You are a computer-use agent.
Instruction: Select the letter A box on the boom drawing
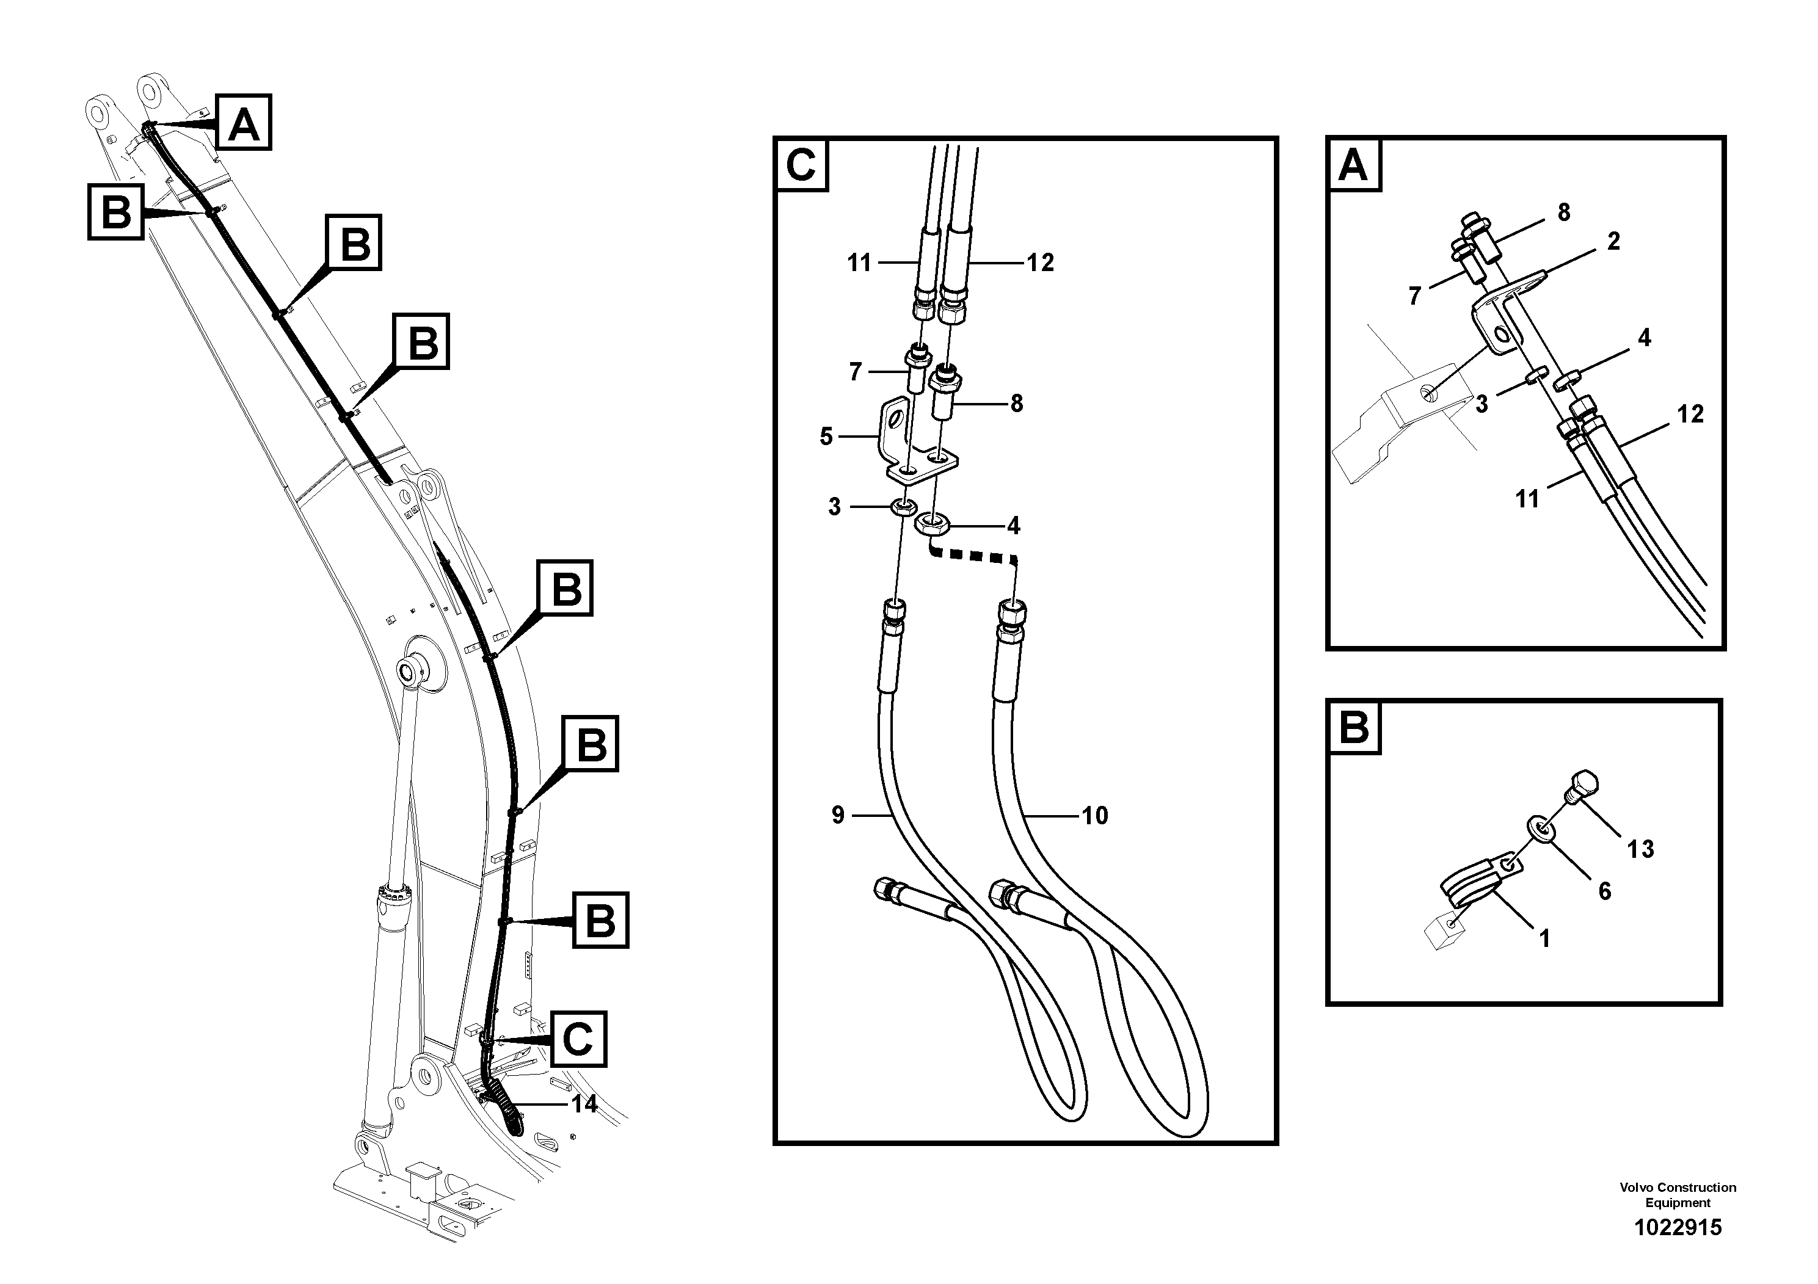[x=244, y=123]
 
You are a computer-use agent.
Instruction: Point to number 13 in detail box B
[x=1640, y=849]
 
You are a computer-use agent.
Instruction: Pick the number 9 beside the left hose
[x=838, y=814]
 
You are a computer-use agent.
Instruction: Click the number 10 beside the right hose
[x=1094, y=815]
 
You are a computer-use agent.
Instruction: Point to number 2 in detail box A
[x=1613, y=241]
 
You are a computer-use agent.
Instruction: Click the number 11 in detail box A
[x=1527, y=499]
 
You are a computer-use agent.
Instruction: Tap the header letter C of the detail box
[x=801, y=165]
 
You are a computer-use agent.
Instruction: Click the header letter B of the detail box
[x=1353, y=727]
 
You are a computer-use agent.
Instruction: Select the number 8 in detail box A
[x=1563, y=212]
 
